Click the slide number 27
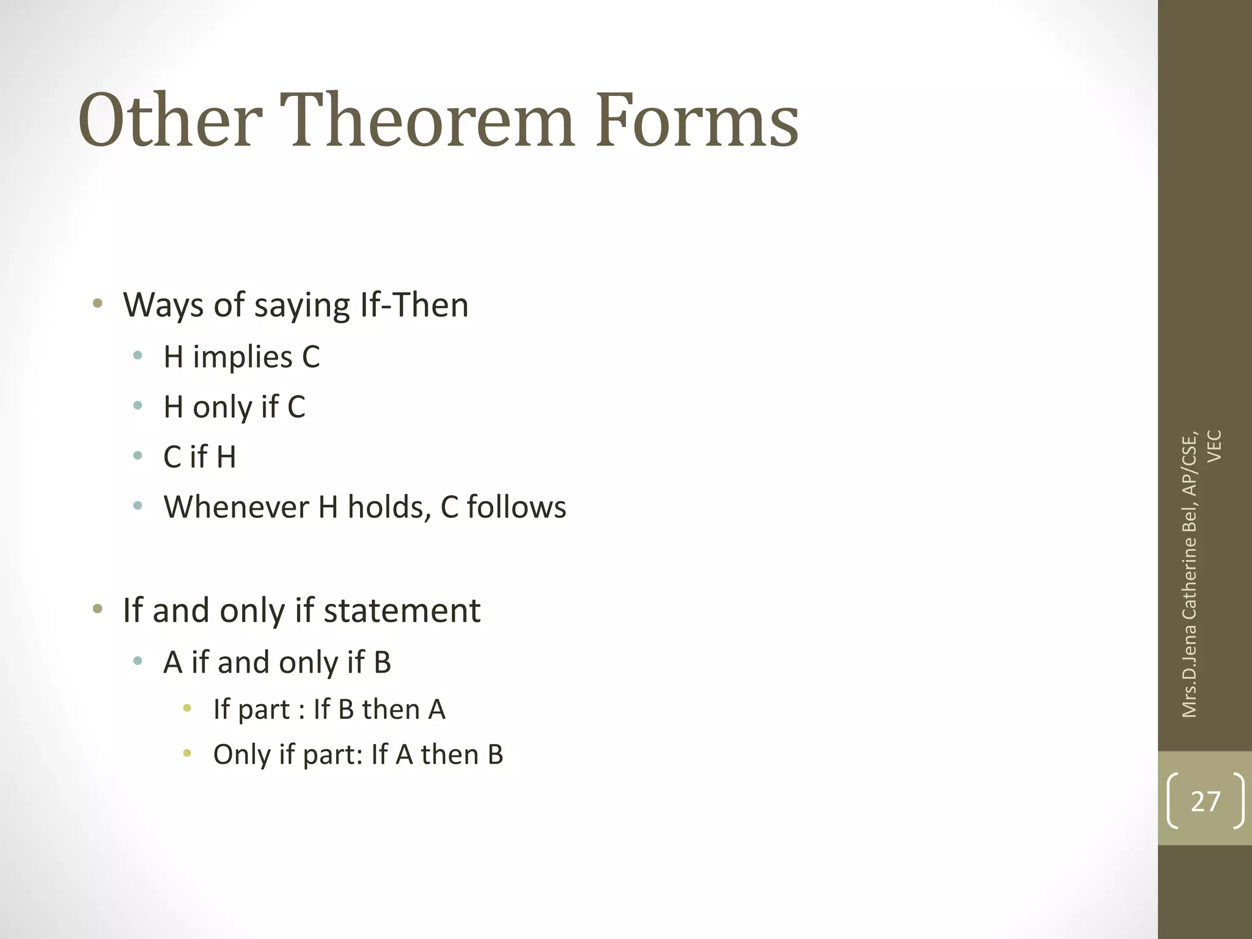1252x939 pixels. pos(1205,801)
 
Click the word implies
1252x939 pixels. pos(243,357)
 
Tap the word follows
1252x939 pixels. pos(517,507)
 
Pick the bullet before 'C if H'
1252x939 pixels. pos(138,455)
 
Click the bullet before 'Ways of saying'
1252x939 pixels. pos(97,303)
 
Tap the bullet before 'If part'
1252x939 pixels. pos(187,709)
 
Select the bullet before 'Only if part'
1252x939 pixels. pos(187,753)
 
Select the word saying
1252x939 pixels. pos(302,306)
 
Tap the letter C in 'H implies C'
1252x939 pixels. pos(311,357)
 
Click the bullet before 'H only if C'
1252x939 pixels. pos(138,405)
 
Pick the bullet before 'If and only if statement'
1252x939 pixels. pos(97,609)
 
